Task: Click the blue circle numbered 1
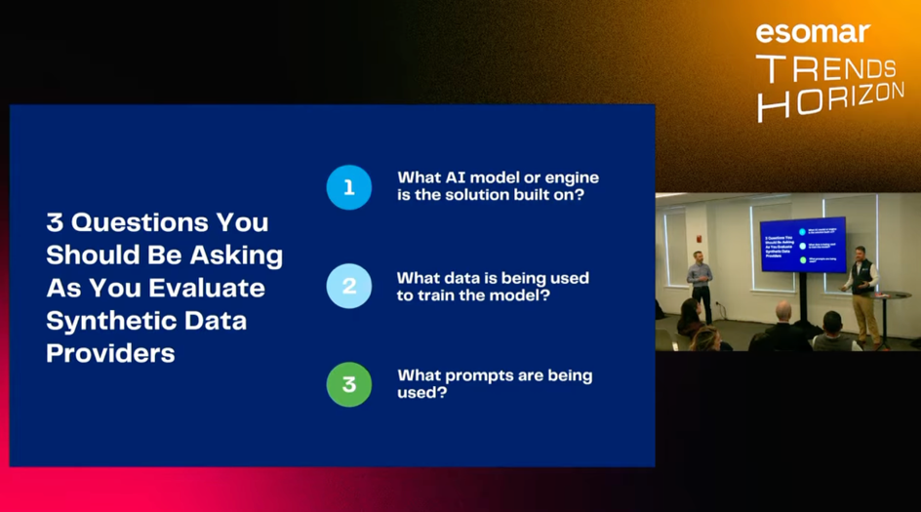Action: (x=349, y=187)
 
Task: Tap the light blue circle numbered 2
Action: (x=349, y=286)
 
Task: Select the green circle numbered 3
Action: (x=349, y=384)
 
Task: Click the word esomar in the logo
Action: (x=812, y=31)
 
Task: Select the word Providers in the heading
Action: (x=110, y=353)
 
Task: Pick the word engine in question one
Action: (x=564, y=177)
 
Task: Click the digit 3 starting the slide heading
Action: (x=54, y=222)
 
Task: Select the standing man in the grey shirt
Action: (x=699, y=282)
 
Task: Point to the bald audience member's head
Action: (x=782, y=311)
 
